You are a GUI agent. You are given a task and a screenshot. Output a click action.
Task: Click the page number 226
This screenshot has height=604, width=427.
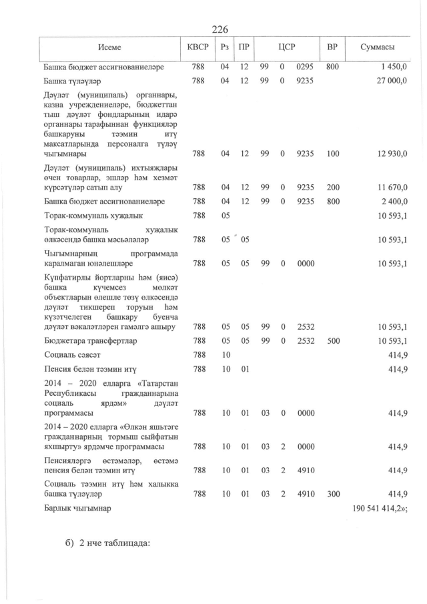pyautogui.click(x=220, y=29)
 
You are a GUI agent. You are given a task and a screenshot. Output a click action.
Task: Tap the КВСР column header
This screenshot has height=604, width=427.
pyautogui.click(x=198, y=48)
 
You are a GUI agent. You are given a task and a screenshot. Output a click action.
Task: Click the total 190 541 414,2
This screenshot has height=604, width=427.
pyautogui.click(x=380, y=509)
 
